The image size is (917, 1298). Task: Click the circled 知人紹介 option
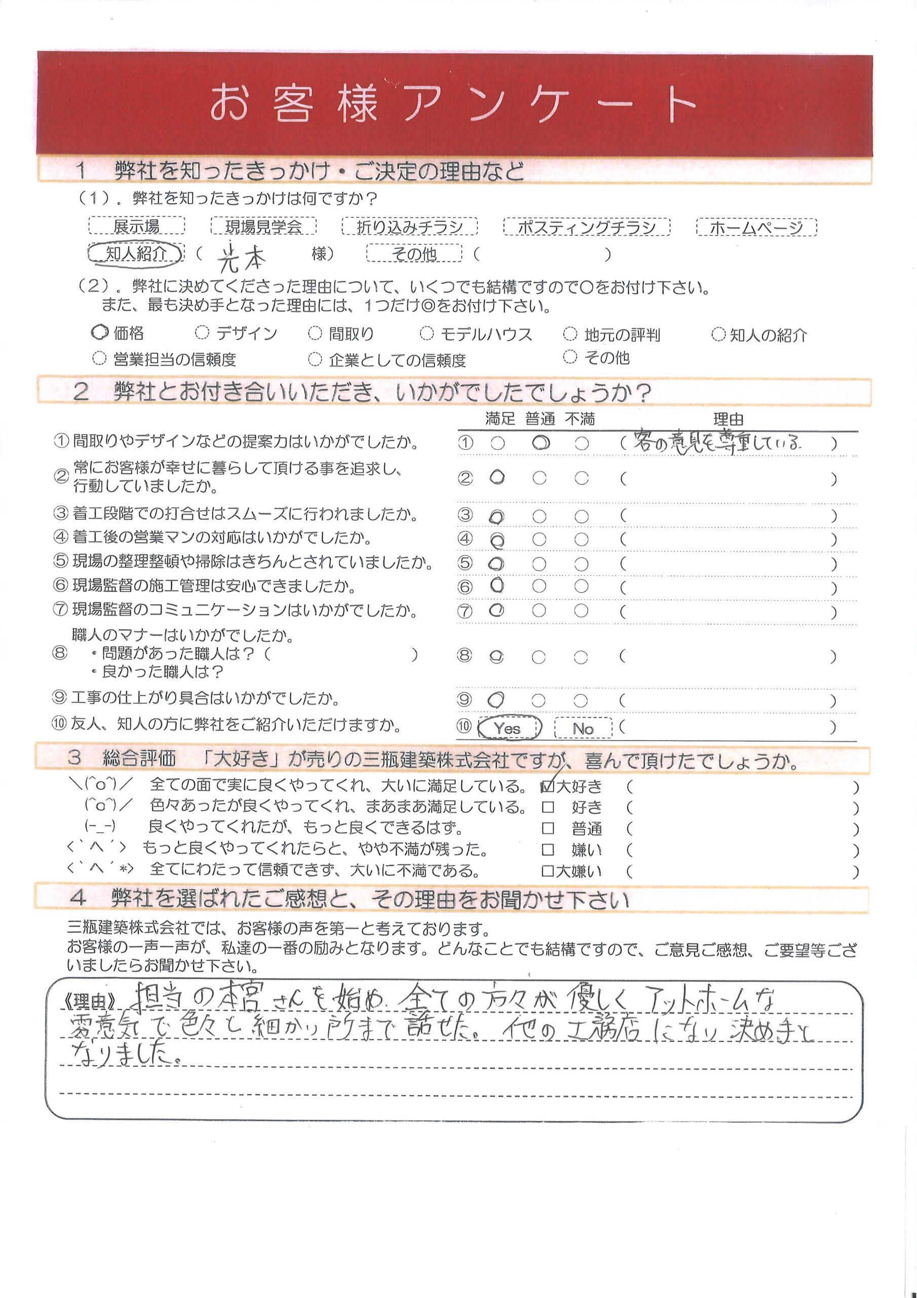coord(136,254)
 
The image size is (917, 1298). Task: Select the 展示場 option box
coord(136,226)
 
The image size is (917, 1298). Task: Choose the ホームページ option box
coord(756,227)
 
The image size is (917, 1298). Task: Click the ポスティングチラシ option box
coord(587,227)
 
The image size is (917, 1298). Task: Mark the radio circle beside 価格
coord(99,333)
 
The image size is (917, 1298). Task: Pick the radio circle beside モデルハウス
coord(427,334)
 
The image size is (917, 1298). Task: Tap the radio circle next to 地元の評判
coord(570,334)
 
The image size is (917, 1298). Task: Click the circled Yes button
coord(509,728)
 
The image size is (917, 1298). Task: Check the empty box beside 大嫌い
coord(547,871)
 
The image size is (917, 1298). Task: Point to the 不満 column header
coord(580,419)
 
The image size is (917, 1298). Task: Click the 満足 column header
coord(500,419)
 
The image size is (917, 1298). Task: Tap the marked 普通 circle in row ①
coord(541,443)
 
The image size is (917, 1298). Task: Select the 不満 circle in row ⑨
coord(581,700)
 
